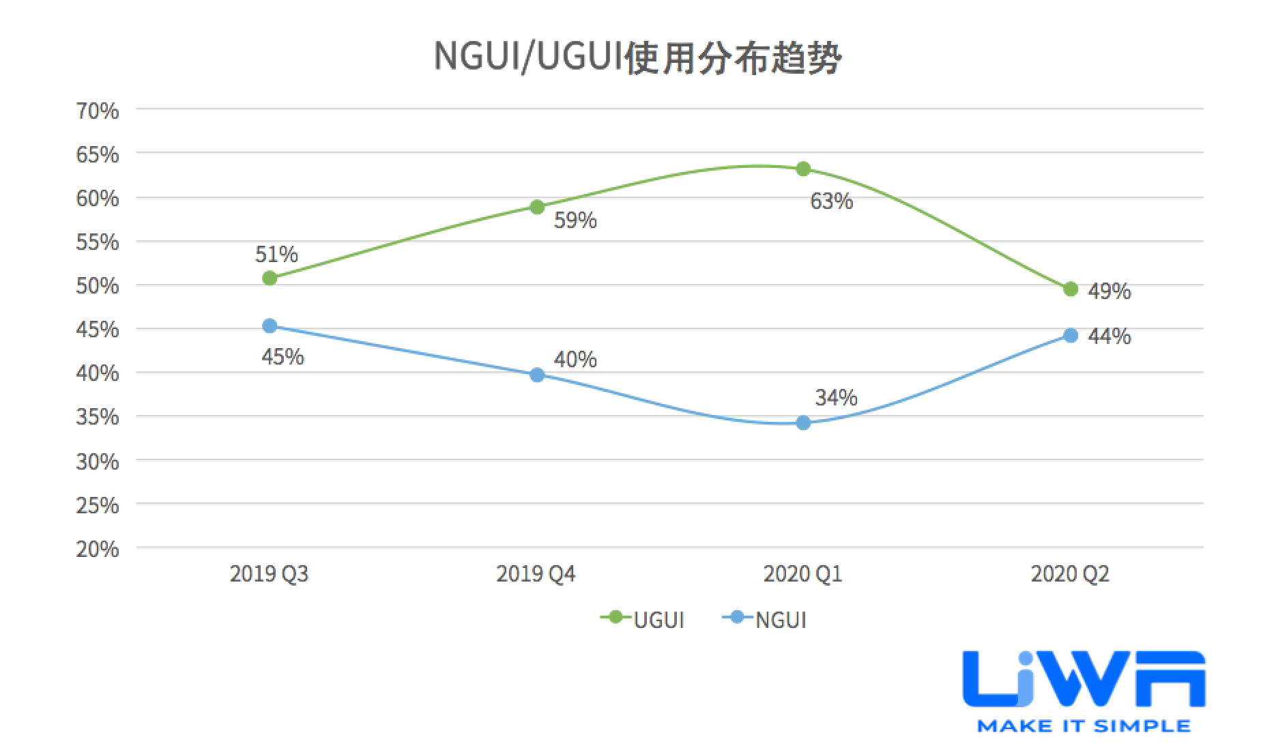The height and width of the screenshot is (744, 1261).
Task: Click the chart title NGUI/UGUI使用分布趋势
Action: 637,57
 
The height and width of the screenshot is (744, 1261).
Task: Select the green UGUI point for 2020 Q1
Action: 803,169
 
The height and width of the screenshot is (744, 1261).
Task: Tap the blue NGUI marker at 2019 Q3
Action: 270,326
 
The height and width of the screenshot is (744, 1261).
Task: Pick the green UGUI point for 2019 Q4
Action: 537,207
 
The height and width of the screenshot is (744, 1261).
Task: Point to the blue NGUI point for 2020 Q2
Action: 1071,335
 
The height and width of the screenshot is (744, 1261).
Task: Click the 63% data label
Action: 831,201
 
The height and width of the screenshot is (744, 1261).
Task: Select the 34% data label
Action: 836,397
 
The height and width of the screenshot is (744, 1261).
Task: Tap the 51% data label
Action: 276,255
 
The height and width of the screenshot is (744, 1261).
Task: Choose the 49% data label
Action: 1109,291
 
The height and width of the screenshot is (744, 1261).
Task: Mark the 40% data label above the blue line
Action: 575,359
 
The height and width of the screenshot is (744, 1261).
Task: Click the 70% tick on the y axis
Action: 98,111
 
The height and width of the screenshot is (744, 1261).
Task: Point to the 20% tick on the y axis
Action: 98,549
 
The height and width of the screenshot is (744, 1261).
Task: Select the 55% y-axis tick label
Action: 98,242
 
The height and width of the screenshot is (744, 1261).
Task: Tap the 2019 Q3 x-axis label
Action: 269,574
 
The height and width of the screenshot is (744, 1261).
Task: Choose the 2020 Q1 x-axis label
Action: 802,574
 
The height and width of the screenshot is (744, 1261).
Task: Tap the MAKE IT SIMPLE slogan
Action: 1084,726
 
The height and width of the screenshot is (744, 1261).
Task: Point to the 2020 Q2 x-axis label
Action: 1070,574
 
